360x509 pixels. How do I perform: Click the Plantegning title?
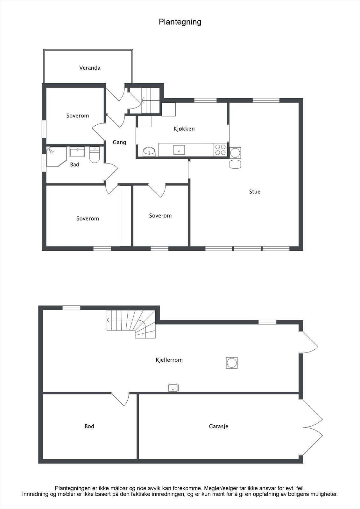tap(180, 22)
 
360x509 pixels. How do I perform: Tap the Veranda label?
tap(90, 68)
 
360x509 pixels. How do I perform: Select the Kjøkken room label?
tap(184, 129)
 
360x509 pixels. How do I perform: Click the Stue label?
tap(255, 192)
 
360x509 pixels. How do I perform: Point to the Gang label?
tap(119, 142)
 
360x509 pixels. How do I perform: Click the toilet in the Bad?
tap(95, 155)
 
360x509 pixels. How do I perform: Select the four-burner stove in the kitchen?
tap(221, 150)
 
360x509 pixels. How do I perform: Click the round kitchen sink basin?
tap(149, 152)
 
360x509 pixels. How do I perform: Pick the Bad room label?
tap(74, 164)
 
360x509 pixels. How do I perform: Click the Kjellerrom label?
tap(169, 360)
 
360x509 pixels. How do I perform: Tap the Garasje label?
tap(218, 426)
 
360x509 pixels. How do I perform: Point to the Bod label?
tap(89, 426)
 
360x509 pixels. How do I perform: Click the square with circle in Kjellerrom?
tap(232, 363)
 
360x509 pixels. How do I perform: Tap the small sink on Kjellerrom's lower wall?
tap(173, 388)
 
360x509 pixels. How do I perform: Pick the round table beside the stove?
tap(235, 153)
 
